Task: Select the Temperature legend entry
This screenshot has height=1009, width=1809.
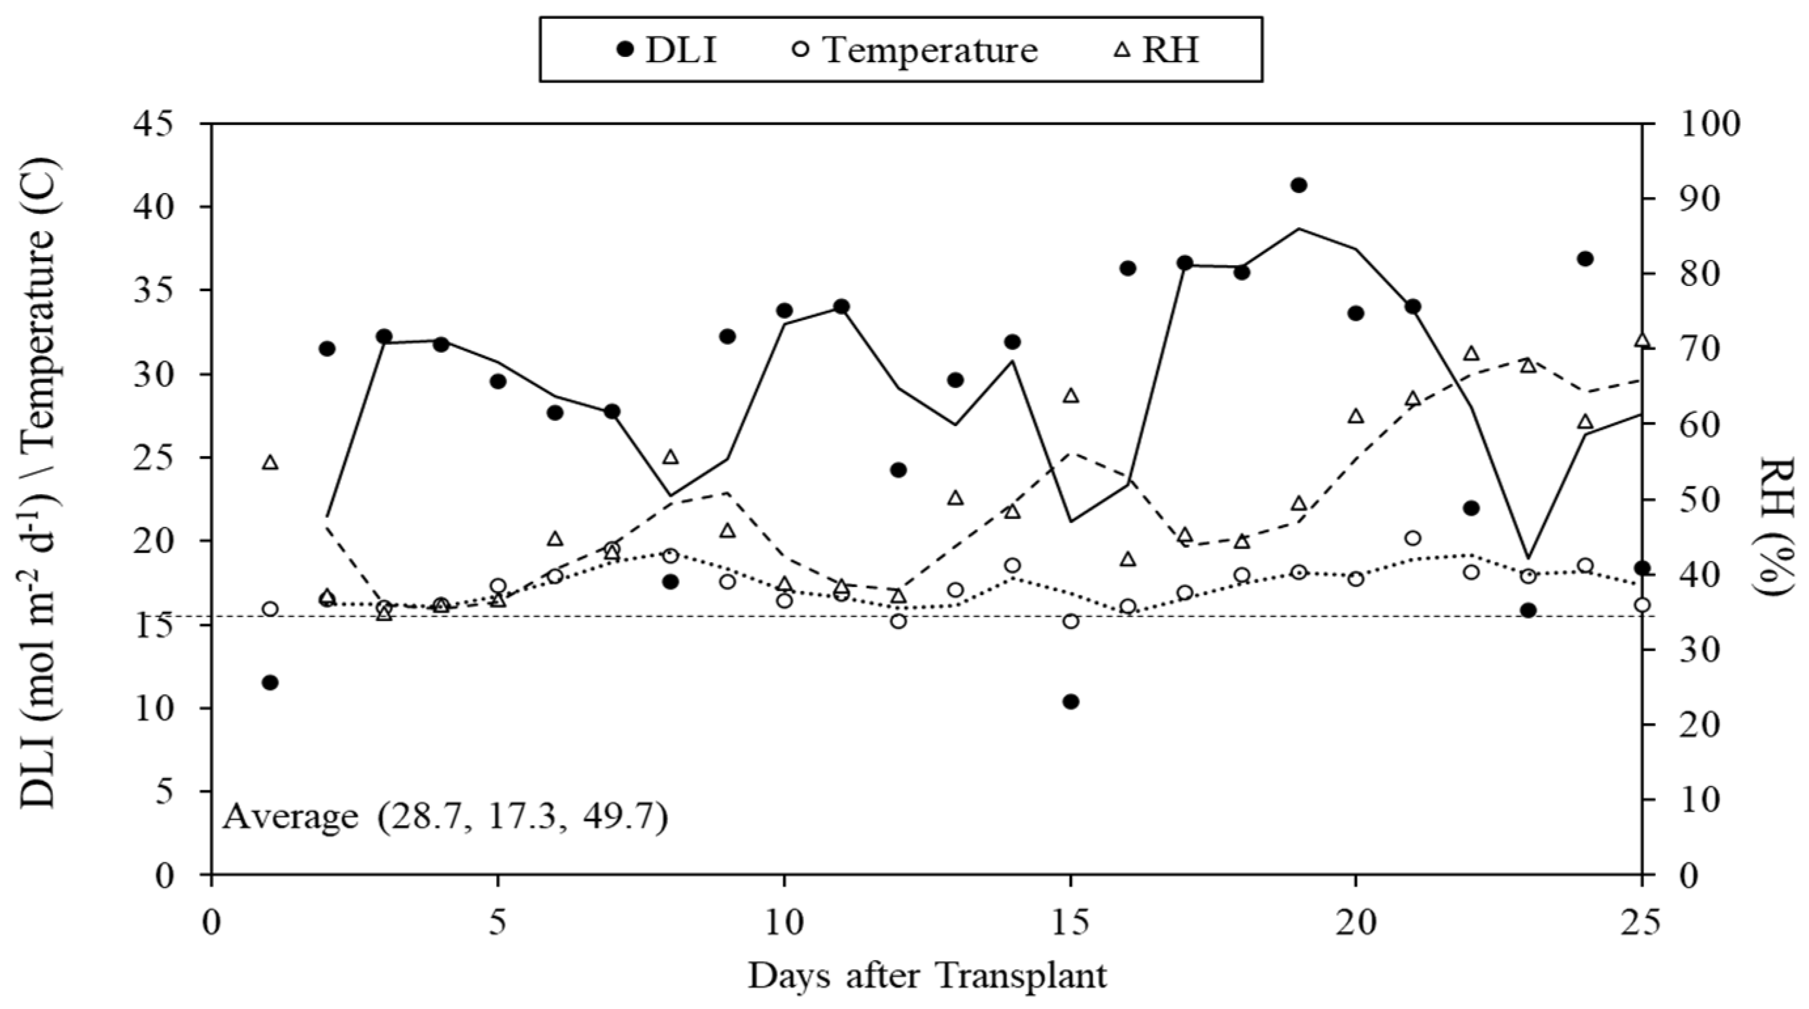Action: click(917, 50)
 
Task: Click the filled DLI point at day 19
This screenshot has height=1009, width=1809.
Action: click(1299, 185)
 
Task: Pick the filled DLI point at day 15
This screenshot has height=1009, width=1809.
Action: click(1070, 701)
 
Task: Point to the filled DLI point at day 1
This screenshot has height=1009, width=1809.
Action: click(270, 682)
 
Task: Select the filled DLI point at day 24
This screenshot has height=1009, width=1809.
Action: click(1585, 258)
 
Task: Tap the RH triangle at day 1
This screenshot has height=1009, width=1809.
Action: click(270, 462)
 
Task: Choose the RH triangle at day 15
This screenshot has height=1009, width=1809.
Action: click(1070, 395)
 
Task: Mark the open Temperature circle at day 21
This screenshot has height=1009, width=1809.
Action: click(1413, 539)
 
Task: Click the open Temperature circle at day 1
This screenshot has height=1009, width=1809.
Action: click(270, 609)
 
